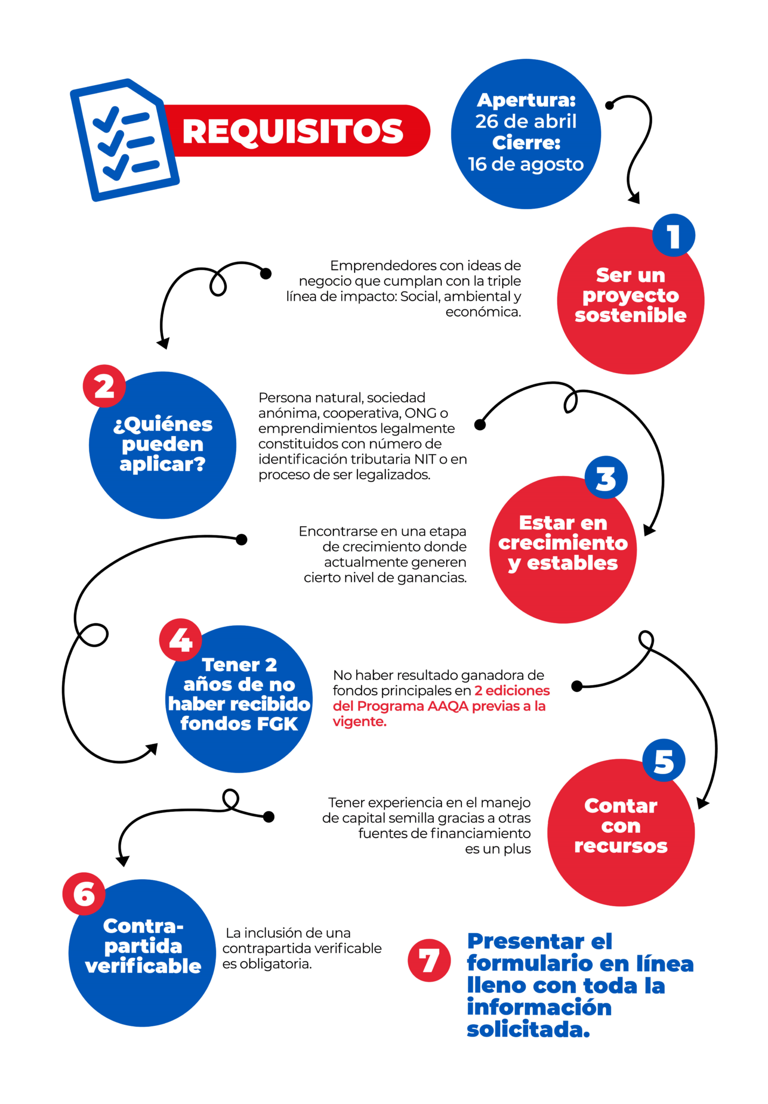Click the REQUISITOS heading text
293,131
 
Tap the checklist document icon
124,140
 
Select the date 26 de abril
525,121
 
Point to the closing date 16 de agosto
525,164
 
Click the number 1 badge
673,236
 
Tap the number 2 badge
104,387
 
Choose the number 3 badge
606,478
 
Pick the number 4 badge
181,640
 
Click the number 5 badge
663,761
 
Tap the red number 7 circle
429,960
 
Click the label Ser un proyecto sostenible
631,295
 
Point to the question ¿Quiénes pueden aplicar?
163,444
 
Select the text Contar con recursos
621,826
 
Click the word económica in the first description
483,312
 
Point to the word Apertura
526,100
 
